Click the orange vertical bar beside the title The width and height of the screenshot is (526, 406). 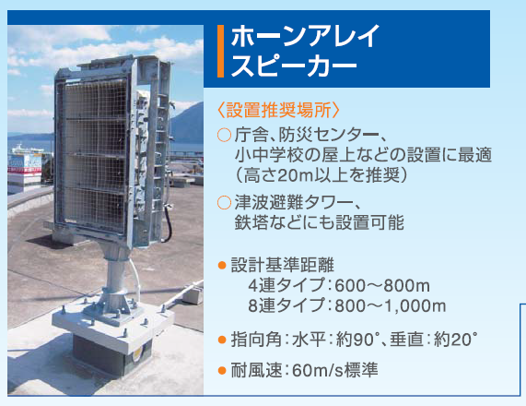point(220,51)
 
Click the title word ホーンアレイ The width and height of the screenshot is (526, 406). point(305,36)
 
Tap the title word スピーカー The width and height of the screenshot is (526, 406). point(294,65)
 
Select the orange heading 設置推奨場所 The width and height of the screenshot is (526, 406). point(279,110)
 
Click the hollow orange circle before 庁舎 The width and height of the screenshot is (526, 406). point(224,136)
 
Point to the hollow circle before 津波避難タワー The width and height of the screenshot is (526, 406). point(224,203)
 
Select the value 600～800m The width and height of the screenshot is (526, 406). point(382,286)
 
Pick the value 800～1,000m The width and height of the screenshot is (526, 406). point(391,306)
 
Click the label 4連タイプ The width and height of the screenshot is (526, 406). point(286,286)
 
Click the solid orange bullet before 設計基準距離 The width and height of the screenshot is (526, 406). point(222,266)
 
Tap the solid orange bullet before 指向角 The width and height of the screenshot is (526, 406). point(222,340)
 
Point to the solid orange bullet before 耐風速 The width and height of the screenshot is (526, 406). point(222,370)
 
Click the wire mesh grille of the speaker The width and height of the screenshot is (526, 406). point(94,155)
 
